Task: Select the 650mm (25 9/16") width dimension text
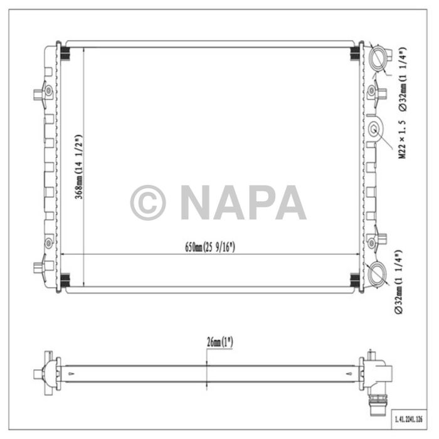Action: [x=209, y=246]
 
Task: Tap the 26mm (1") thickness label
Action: [x=219, y=342]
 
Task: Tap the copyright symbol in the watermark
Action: [x=148, y=203]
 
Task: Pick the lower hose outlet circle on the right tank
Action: [x=380, y=273]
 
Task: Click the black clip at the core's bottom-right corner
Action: [x=354, y=280]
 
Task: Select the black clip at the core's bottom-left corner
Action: [x=65, y=280]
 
